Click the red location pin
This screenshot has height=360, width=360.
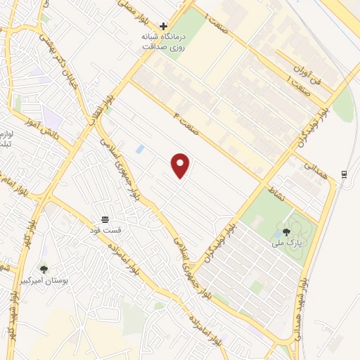(181, 165)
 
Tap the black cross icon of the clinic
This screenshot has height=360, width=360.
(163, 26)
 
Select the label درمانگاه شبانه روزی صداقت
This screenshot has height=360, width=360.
(163, 41)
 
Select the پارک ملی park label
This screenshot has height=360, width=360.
(286, 243)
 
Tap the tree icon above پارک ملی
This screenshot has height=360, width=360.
(286, 231)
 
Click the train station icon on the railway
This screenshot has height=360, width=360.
(344, 174)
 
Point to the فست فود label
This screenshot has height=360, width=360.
(105, 230)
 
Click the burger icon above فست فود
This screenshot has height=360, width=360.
(105, 219)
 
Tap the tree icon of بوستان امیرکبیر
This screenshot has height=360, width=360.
(44, 269)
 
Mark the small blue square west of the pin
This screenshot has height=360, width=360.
(139, 149)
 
